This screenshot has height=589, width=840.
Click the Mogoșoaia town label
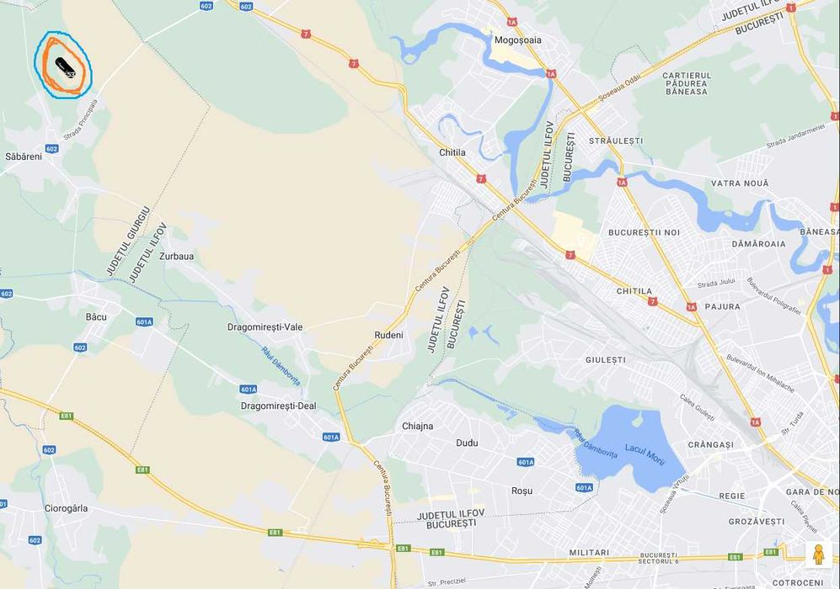(518, 40)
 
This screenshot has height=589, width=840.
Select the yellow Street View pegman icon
(817, 555)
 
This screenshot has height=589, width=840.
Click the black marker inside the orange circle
(65, 66)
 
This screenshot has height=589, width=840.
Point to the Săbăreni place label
(24, 157)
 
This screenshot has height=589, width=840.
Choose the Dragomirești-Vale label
(265, 327)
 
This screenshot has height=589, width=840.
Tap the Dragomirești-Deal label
(278, 406)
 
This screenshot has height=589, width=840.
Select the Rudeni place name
(388, 335)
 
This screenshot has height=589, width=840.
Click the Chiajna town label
(417, 426)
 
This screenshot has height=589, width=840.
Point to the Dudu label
(467, 443)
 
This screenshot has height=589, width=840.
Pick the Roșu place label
(522, 491)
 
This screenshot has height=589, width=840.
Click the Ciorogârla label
(66, 508)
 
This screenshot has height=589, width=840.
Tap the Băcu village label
(96, 316)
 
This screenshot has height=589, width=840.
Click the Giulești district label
(606, 359)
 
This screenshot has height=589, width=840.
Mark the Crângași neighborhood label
(710, 444)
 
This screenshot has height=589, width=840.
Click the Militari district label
(589, 553)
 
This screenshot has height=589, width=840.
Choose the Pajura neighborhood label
(722, 306)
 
